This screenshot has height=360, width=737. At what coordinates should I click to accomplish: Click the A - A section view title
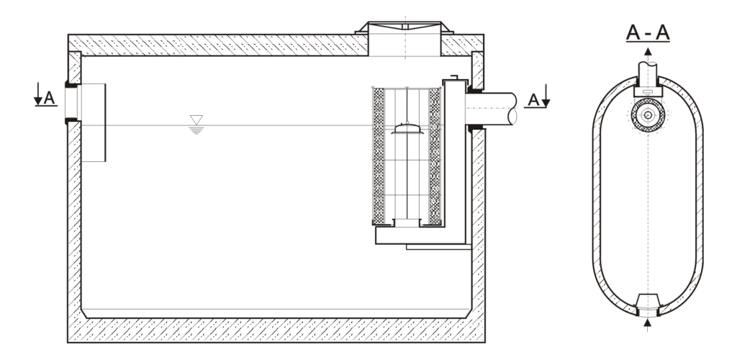(x=648, y=33)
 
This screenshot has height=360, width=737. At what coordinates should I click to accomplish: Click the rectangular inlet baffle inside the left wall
(x=93, y=122)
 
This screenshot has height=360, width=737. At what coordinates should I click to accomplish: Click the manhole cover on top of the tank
(x=404, y=28)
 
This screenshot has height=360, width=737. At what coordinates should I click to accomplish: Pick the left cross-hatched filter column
(x=378, y=155)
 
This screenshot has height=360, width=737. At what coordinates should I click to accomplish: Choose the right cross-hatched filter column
(x=434, y=155)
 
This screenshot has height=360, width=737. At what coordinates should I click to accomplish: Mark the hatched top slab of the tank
(x=216, y=45)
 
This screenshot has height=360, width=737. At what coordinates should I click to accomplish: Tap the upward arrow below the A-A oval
(x=648, y=325)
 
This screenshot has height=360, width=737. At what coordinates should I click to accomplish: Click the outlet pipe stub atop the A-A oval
(x=648, y=73)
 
